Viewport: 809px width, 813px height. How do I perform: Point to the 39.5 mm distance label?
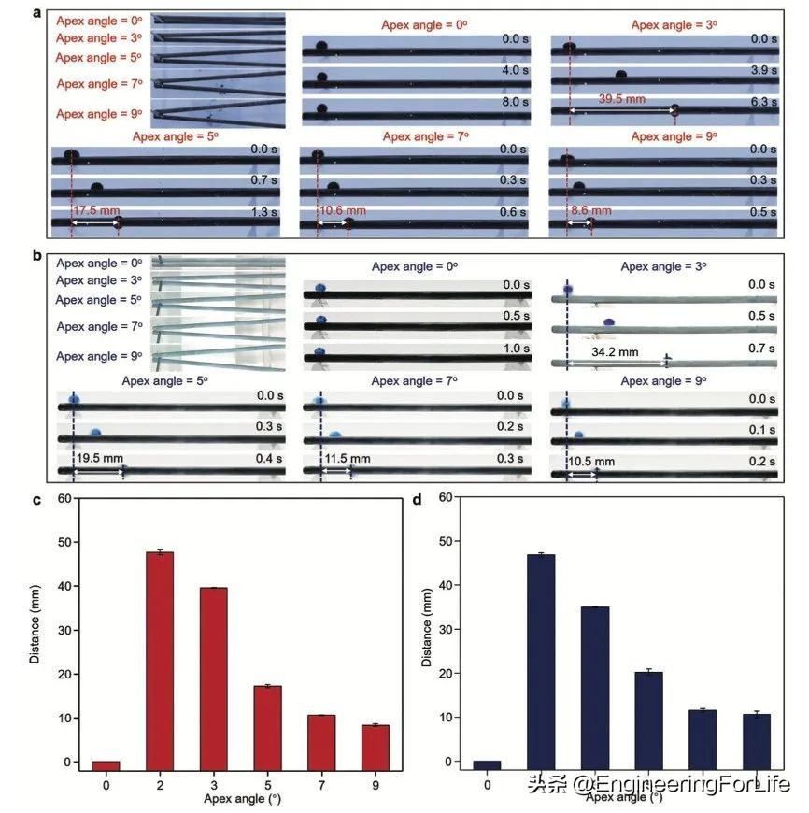click(x=621, y=98)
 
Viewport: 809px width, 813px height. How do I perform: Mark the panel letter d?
click(x=418, y=499)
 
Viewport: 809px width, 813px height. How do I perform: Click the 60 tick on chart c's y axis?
click(x=64, y=498)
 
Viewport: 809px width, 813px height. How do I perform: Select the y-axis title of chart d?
click(x=426, y=632)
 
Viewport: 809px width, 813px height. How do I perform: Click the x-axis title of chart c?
click(x=238, y=800)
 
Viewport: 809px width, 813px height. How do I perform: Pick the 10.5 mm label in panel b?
click(x=592, y=461)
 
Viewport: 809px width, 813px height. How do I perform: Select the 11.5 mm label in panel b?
click(x=348, y=459)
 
